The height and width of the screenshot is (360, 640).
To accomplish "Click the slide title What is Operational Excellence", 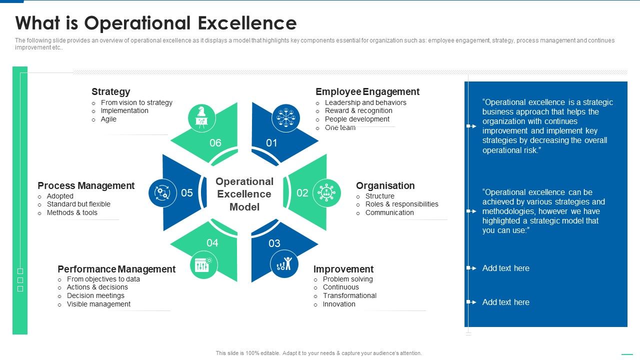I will [x=155, y=23].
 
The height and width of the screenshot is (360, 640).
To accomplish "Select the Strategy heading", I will [x=110, y=91].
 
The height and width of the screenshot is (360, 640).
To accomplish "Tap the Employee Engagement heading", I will [x=367, y=91].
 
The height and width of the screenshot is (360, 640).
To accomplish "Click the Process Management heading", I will [x=86, y=185].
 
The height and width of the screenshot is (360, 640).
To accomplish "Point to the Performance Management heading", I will [x=116, y=269].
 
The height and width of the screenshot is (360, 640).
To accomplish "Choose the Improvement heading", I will [x=343, y=269].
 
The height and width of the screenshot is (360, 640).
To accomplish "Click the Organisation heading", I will [x=385, y=185].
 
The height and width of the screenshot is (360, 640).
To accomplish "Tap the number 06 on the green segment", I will [x=215, y=143].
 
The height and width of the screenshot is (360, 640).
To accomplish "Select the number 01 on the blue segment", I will [x=271, y=143].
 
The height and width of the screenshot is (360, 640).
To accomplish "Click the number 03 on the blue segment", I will [x=274, y=243].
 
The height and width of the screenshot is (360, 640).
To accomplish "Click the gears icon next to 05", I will [x=162, y=192].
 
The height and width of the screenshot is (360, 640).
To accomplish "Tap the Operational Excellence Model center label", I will [x=244, y=194].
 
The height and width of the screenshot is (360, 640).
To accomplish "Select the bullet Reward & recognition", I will [x=358, y=110].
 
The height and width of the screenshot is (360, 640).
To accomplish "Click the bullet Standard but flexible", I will [x=78, y=204].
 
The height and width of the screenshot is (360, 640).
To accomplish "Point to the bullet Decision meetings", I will [x=95, y=295].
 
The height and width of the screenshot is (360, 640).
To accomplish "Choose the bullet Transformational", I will [x=349, y=295].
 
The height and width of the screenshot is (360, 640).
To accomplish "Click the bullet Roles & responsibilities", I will [x=401, y=204].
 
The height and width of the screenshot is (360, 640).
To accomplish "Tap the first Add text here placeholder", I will [x=505, y=268].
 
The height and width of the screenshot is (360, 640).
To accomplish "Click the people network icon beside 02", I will [x=326, y=192].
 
